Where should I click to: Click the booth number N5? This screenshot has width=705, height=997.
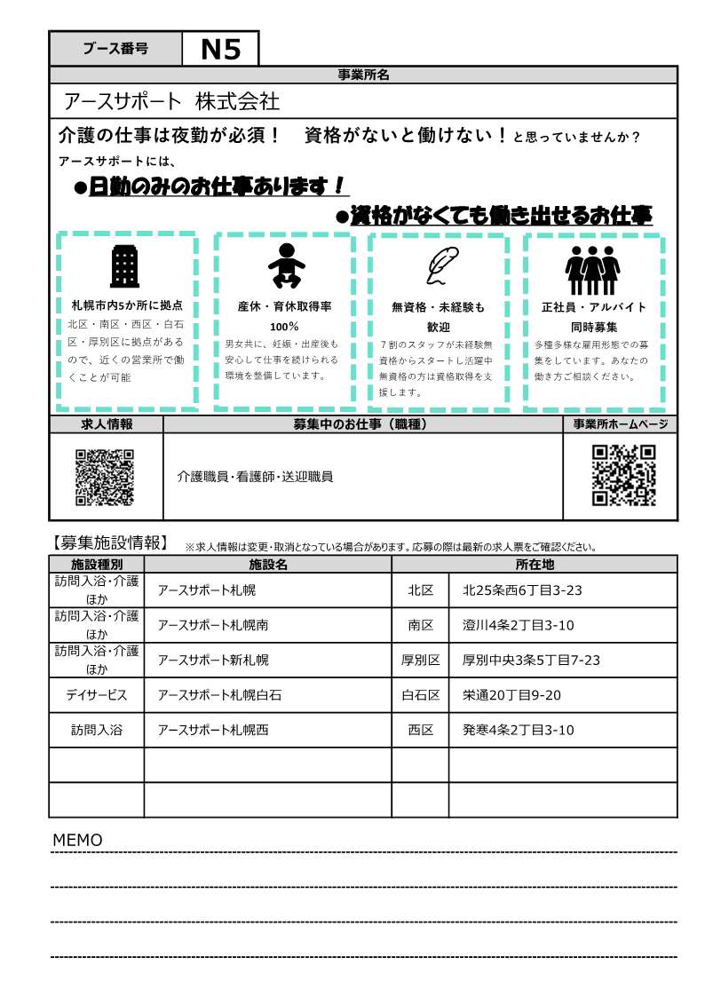[x=220, y=49]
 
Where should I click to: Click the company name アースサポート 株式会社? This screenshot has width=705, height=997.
[x=172, y=101]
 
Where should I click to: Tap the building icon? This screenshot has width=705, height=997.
[x=124, y=266]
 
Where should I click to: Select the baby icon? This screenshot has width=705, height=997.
[x=285, y=265]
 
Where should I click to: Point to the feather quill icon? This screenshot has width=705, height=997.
[x=438, y=265]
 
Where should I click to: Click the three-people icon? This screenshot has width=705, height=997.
[x=592, y=268]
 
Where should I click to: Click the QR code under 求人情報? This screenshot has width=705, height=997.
[x=105, y=477]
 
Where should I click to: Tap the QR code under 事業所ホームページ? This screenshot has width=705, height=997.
[x=623, y=475]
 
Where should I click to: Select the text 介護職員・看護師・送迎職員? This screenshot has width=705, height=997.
[x=255, y=477]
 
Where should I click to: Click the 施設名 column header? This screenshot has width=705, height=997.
[x=267, y=564]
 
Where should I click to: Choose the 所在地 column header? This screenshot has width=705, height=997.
[x=535, y=564]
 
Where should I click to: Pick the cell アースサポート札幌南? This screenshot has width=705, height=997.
[x=213, y=625]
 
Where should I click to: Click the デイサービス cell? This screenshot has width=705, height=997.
[x=97, y=695]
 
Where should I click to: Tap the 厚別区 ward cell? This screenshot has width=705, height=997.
[x=420, y=660]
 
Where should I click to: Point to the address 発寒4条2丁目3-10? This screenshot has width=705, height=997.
[x=519, y=730]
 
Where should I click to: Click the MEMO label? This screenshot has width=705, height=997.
[x=78, y=840]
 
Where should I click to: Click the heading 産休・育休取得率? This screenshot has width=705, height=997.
[x=285, y=306]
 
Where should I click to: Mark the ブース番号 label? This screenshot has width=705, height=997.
[x=115, y=49]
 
